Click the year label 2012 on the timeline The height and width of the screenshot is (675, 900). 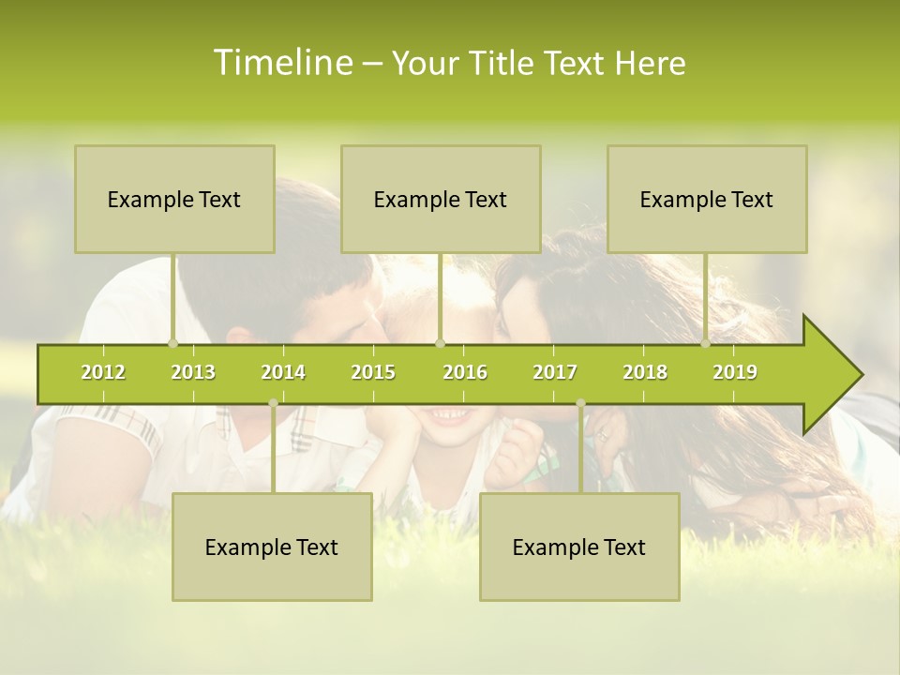103,372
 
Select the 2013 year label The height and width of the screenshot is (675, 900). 193,372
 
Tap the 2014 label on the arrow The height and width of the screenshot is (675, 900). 283,372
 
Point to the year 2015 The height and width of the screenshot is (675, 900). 373,372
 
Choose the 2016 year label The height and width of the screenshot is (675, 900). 465,372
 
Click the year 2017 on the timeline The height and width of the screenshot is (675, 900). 555,372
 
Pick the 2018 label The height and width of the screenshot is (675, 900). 645,372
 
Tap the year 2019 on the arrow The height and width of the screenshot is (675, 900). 735,372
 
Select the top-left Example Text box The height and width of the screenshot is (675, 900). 174,199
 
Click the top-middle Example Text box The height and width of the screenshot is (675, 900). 441,199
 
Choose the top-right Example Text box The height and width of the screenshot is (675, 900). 707,199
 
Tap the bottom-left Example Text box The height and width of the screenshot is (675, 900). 272,547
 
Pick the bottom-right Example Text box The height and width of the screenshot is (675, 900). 579,547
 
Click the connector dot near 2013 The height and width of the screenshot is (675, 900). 172,343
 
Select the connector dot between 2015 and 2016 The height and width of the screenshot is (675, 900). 441,343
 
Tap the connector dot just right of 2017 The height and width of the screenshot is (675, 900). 580,403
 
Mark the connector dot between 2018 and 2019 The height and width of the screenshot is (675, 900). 706,343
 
